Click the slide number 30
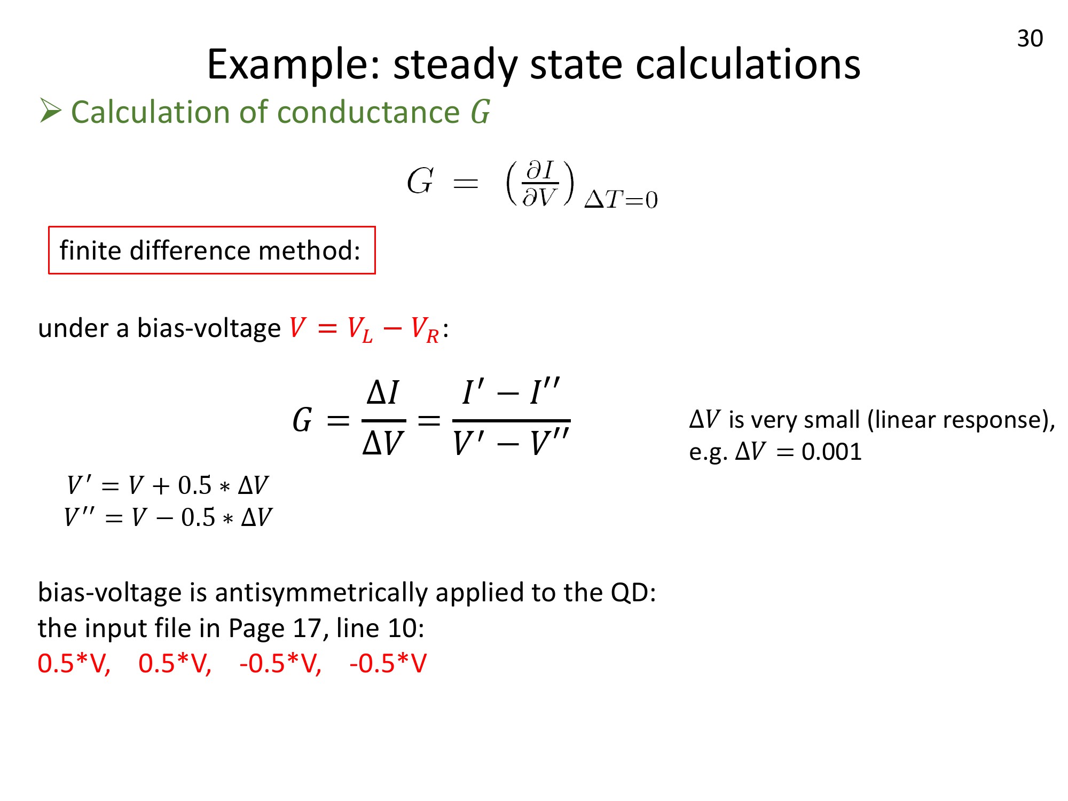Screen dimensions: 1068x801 1030,38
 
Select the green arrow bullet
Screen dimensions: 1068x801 51,111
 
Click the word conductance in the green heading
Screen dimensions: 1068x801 368,112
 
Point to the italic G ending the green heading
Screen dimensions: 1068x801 481,112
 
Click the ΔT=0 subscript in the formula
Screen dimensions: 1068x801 621,200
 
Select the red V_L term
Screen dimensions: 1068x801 360,329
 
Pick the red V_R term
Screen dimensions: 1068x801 425,329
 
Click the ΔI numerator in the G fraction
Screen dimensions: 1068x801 383,392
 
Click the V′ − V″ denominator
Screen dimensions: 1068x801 511,442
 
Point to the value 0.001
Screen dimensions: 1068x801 831,452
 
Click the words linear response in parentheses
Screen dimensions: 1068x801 956,420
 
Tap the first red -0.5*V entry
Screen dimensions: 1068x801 280,663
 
